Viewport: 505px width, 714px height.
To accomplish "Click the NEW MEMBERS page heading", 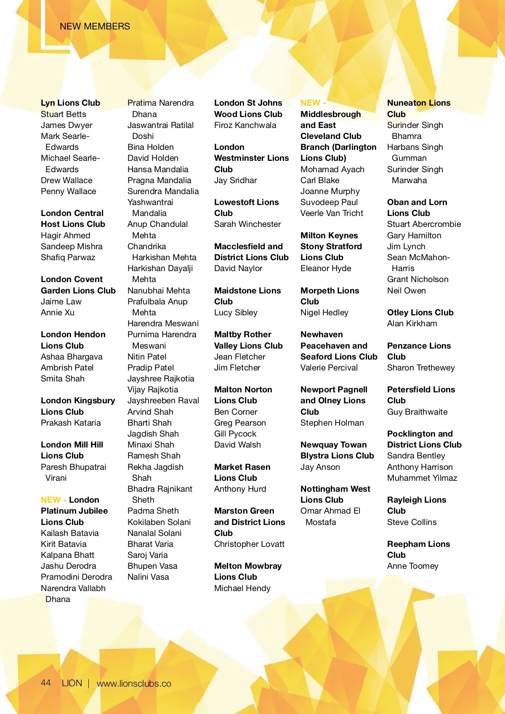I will [x=95, y=27].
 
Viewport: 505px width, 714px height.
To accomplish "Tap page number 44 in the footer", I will [x=46, y=683].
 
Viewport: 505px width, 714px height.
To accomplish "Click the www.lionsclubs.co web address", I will [x=134, y=684].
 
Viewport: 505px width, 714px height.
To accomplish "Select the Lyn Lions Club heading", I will [x=70, y=103].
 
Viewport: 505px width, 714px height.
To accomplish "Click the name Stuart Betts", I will [x=63, y=114].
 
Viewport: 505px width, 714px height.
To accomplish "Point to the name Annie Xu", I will [x=58, y=312].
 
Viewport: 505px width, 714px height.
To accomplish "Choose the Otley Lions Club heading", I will [x=420, y=312].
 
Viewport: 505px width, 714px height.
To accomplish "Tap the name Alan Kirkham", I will [x=412, y=323].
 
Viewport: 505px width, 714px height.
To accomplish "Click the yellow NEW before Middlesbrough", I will [x=310, y=103].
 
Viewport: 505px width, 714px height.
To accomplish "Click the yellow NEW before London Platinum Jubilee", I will [x=50, y=500].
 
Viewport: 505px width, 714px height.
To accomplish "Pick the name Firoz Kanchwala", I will [x=245, y=125].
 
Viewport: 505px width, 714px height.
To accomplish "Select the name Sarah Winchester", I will [x=247, y=224].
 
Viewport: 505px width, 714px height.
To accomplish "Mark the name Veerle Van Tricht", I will [x=332, y=213].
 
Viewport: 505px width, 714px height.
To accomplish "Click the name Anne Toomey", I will [x=412, y=566].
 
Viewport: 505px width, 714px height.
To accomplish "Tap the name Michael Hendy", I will [x=242, y=588].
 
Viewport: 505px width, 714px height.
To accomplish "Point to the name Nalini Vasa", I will [x=148, y=577].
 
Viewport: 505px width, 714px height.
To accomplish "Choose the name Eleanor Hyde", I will [x=326, y=268].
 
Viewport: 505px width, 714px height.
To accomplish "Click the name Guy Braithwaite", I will [x=417, y=412].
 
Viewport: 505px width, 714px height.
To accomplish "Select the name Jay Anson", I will [x=320, y=467].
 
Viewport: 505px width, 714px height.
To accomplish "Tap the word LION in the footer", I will [x=72, y=683].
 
